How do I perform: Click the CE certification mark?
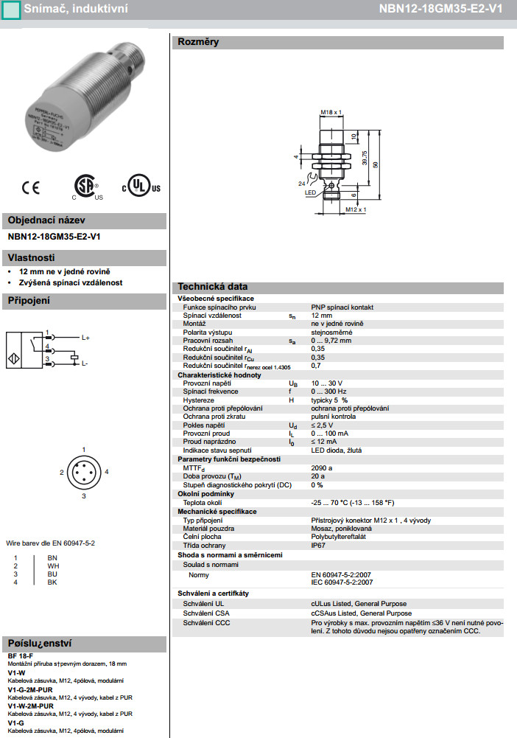(30, 187)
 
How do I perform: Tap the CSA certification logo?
(87, 187)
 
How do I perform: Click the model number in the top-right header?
(451, 10)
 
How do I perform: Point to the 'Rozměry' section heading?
(198, 43)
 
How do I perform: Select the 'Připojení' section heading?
(29, 301)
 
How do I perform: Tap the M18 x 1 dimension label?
(331, 112)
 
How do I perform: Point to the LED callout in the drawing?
(310, 192)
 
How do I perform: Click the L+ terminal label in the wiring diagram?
(85, 338)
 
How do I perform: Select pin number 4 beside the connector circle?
(107, 471)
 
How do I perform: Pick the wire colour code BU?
(52, 574)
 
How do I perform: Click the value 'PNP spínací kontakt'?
(342, 307)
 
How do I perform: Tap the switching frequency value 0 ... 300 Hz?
(328, 391)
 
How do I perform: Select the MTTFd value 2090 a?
(322, 467)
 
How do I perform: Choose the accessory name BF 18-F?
(21, 655)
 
